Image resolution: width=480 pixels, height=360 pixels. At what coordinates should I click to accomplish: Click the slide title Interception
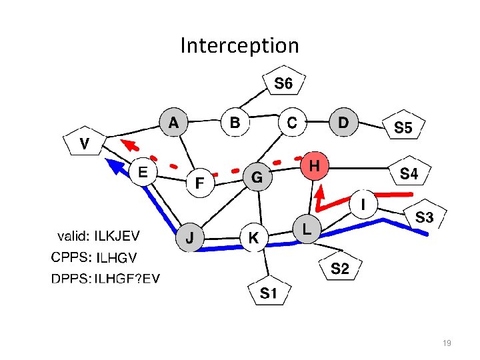pos(239,45)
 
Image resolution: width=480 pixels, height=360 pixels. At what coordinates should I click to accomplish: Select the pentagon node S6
pos(283,84)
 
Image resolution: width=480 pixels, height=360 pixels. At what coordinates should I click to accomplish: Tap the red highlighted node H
pos(318,165)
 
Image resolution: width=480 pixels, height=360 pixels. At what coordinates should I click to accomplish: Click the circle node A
pos(173,123)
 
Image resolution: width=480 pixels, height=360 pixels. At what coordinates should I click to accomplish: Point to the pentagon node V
pos(85,143)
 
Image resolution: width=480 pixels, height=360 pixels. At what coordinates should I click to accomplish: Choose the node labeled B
pos(235,123)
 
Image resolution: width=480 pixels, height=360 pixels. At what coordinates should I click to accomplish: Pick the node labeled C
pos(291,123)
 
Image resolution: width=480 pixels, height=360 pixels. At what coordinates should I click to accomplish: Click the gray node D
pos(343,123)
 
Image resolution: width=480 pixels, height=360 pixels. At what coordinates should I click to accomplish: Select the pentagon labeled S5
pos(403,127)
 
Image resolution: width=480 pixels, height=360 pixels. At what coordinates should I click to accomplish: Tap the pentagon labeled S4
pos(409,174)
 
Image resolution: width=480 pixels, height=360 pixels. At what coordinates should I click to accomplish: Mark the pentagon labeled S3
pos(425,217)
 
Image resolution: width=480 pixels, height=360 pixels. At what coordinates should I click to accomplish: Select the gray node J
pos(190,238)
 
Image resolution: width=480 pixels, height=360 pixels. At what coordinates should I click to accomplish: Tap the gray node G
pos(257,177)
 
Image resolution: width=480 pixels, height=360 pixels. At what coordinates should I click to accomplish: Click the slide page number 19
pos(447,343)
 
